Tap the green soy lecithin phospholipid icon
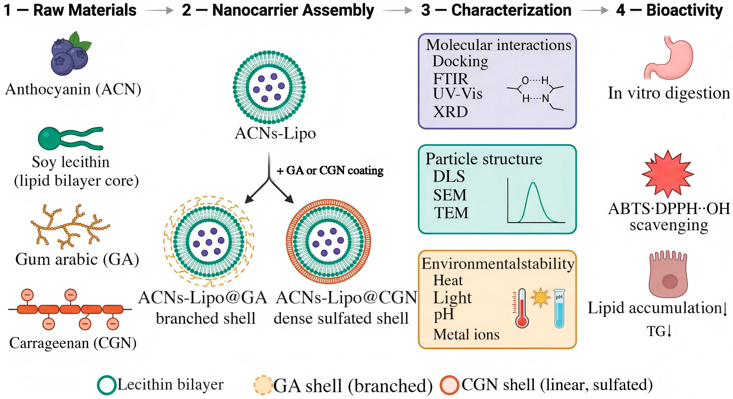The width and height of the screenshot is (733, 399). click(x=71, y=138)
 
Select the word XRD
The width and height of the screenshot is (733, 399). click(x=451, y=112)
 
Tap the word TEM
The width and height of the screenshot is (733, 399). click(x=451, y=212)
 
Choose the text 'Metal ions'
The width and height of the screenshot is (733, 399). click(x=466, y=334)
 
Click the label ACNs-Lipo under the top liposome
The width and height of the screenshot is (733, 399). click(x=275, y=133)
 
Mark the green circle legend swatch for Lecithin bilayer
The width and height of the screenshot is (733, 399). click(x=107, y=385)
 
